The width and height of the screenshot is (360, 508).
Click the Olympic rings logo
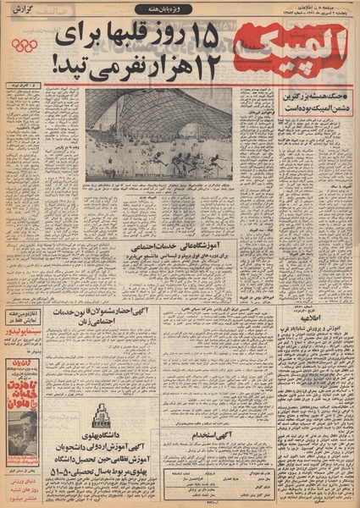[24, 45]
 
